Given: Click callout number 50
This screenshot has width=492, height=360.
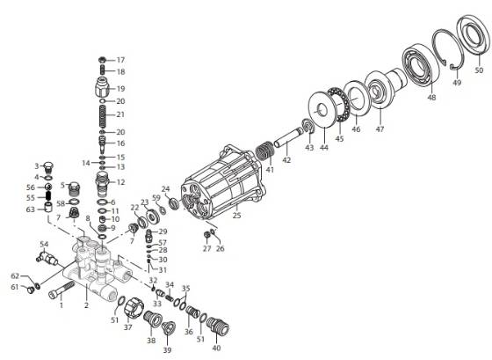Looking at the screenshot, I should coord(479,70).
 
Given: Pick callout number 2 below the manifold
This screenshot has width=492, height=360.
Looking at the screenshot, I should coord(86,305).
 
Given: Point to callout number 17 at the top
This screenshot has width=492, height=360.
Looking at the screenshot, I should coord(121,60).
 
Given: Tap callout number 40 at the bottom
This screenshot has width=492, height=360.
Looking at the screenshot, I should coord(216,347).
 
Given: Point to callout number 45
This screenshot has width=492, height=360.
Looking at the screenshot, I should coord(339,139).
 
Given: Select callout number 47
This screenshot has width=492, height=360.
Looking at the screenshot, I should coord(380,129).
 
